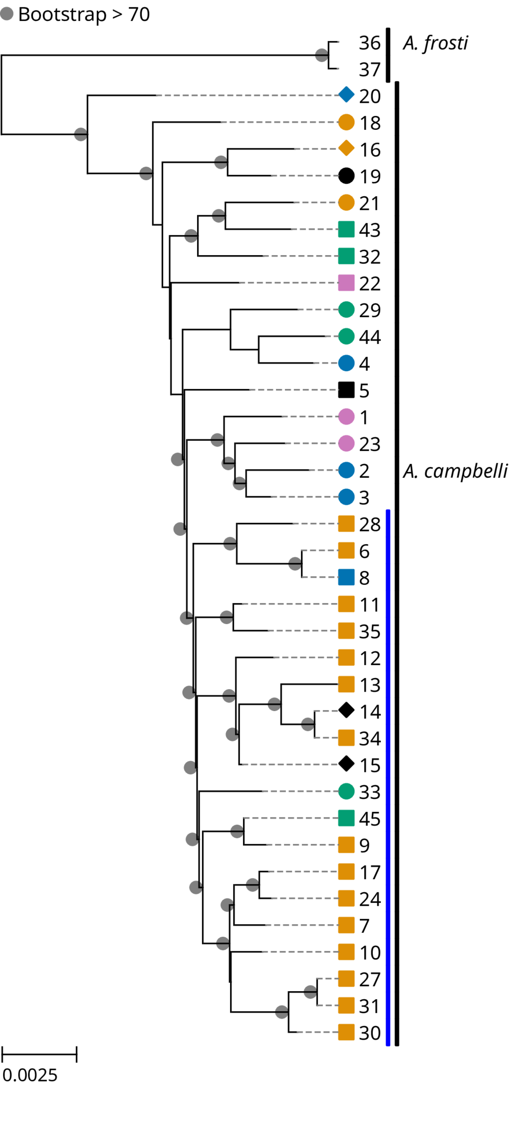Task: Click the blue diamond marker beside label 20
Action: click(x=346, y=95)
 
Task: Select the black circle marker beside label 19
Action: click(x=346, y=176)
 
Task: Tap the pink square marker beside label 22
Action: click(x=346, y=283)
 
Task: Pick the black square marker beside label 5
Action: click(x=346, y=390)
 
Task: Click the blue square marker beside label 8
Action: click(x=346, y=577)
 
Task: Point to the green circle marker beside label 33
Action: click(x=346, y=791)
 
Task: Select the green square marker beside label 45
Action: click(x=346, y=818)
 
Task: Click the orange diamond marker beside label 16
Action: click(x=346, y=148)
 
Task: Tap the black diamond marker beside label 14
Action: click(x=346, y=710)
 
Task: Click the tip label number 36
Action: click(x=370, y=43)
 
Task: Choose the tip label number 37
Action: click(x=370, y=70)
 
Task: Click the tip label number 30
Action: click(x=370, y=1033)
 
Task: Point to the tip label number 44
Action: click(x=370, y=337)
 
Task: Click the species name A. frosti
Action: click(x=435, y=43)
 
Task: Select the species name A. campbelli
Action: click(x=455, y=471)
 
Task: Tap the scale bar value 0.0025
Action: click(x=30, y=1075)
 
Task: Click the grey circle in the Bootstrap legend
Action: click(x=7, y=14)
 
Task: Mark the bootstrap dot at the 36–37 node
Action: click(x=322, y=55)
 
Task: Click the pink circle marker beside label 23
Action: click(x=346, y=443)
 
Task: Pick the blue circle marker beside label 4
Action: click(x=346, y=364)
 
